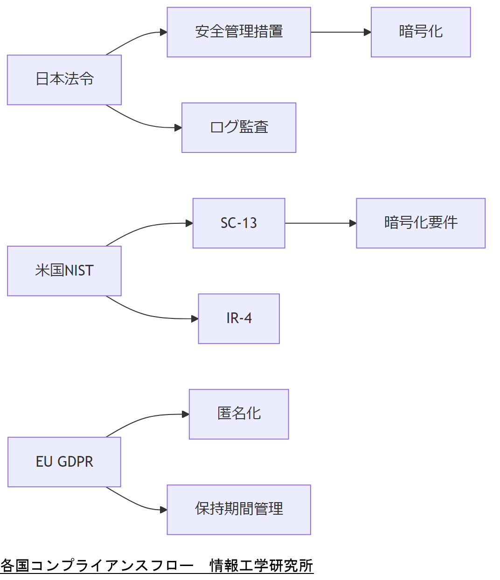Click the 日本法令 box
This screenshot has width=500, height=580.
[x=64, y=80]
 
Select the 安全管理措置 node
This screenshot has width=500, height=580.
[x=239, y=32]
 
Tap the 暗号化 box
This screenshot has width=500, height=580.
[x=421, y=32]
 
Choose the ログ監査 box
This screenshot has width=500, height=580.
[x=239, y=128]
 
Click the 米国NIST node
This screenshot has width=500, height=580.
[x=64, y=271]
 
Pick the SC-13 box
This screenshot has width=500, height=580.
[x=239, y=223]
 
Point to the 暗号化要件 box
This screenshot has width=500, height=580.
[x=421, y=223]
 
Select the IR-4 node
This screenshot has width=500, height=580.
[x=239, y=319]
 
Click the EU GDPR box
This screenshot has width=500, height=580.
[x=64, y=462]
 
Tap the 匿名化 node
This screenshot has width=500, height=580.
[x=239, y=414]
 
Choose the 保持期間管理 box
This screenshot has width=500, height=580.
[x=239, y=510]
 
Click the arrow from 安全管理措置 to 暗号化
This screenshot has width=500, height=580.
[x=340, y=32]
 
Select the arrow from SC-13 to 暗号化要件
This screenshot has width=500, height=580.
[x=320, y=223]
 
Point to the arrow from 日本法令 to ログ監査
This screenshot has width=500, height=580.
[x=140, y=124]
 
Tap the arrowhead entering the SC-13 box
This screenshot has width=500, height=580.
[x=189, y=223]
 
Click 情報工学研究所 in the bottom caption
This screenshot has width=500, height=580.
[x=261, y=566]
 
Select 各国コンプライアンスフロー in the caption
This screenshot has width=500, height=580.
[x=97, y=566]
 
